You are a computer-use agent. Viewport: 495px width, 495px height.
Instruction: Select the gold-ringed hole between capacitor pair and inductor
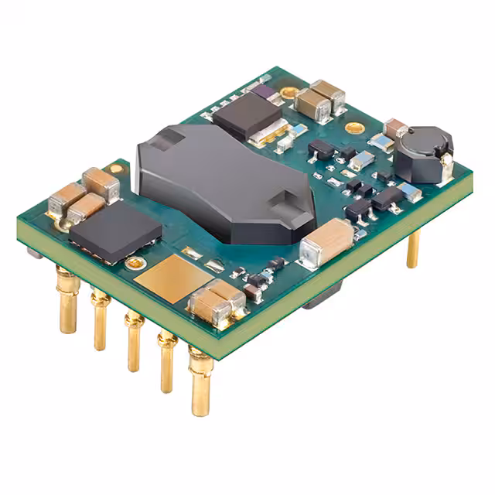[353, 127]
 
